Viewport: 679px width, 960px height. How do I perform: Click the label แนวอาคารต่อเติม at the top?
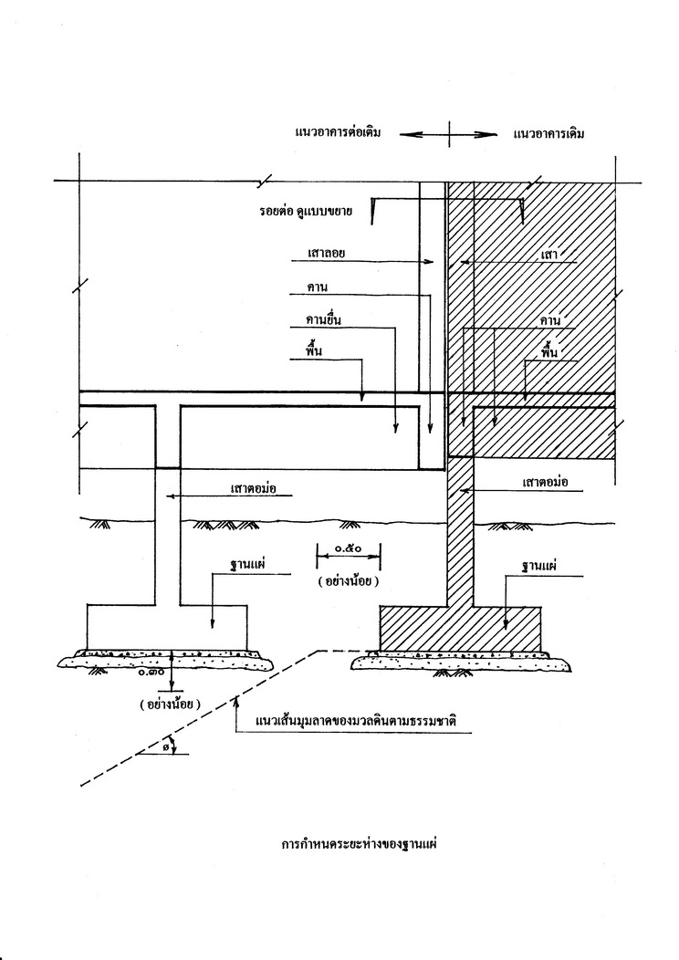click(x=338, y=132)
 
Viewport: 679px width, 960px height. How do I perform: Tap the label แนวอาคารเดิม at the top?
click(x=548, y=133)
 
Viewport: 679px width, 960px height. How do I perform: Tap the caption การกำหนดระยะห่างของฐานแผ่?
click(x=359, y=844)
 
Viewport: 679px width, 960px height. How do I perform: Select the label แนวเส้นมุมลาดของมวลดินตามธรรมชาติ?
click(x=356, y=720)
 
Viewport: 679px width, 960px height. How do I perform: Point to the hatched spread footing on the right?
click(x=460, y=629)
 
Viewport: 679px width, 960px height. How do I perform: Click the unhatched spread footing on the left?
click(x=167, y=628)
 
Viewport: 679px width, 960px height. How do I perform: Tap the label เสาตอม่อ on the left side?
click(x=254, y=488)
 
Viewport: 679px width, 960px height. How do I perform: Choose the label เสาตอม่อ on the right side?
click(x=545, y=482)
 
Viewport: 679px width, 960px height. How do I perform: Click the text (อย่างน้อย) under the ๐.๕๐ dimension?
click(x=348, y=581)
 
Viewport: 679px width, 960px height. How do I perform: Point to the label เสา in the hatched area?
click(x=549, y=254)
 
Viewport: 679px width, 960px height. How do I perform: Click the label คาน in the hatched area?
click(x=550, y=320)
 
